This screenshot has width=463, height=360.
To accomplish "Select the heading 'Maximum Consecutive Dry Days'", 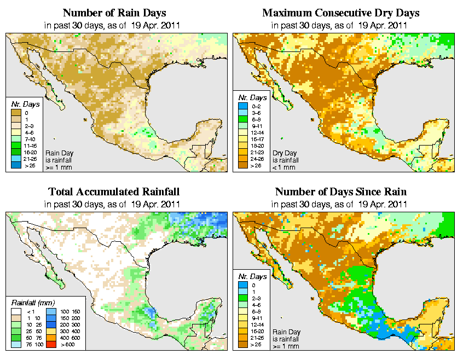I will (x=340, y=13).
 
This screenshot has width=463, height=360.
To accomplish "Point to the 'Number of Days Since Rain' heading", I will (x=340, y=192).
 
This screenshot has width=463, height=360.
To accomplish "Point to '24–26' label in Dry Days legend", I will (x=257, y=158).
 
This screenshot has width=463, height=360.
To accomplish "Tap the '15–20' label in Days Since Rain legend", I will (x=257, y=330).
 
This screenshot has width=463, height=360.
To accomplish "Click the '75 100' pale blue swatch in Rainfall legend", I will (x=16, y=346).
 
